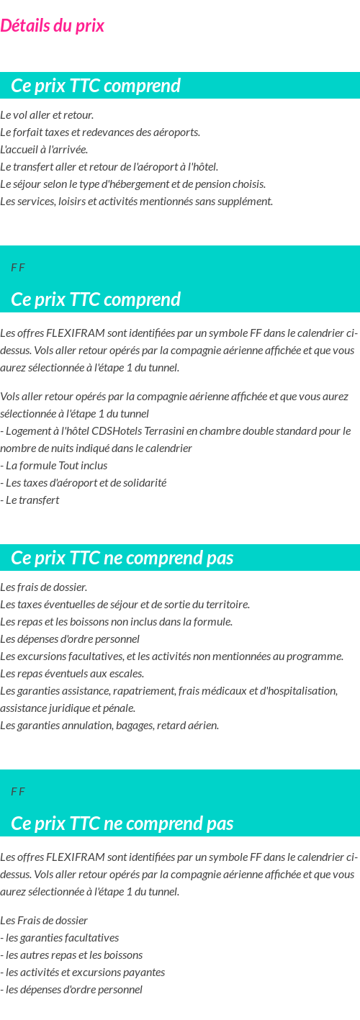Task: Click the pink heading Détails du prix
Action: [52, 26]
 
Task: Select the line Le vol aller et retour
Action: [47, 115]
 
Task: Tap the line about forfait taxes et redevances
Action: [100, 132]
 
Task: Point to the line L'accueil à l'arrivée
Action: [44, 150]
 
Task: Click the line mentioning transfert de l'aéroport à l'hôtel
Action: [109, 167]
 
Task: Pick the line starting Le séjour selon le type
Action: [133, 184]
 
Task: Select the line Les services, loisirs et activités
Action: [136, 202]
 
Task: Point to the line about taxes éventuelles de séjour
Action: [125, 605]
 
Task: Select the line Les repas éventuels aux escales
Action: [72, 674]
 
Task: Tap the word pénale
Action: [120, 708]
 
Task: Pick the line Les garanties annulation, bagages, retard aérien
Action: [109, 726]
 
